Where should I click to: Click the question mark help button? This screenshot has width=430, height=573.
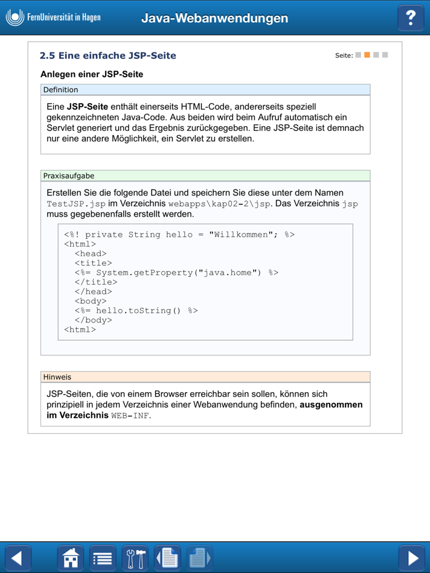[411, 17]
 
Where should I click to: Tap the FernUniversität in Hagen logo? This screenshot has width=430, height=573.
[53, 17]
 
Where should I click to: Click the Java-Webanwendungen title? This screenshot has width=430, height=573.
[214, 18]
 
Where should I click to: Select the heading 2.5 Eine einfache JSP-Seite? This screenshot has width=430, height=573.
[108, 55]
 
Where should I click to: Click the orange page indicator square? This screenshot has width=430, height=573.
[367, 55]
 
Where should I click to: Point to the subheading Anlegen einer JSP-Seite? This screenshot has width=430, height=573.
[92, 75]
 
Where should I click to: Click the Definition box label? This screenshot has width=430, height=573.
[60, 90]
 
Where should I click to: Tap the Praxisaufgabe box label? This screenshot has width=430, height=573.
[69, 176]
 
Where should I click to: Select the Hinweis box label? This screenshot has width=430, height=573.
[57, 377]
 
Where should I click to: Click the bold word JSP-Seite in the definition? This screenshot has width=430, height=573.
[87, 107]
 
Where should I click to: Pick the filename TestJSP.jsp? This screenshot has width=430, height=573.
[76, 204]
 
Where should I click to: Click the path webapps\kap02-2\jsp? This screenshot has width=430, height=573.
[220, 204]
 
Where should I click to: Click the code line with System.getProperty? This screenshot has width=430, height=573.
[176, 273]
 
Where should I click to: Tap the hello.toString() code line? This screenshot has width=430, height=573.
[136, 311]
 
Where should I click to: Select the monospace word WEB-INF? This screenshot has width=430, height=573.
[130, 416]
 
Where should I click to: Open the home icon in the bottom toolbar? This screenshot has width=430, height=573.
[71, 558]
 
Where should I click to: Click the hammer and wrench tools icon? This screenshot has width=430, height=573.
[135, 558]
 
